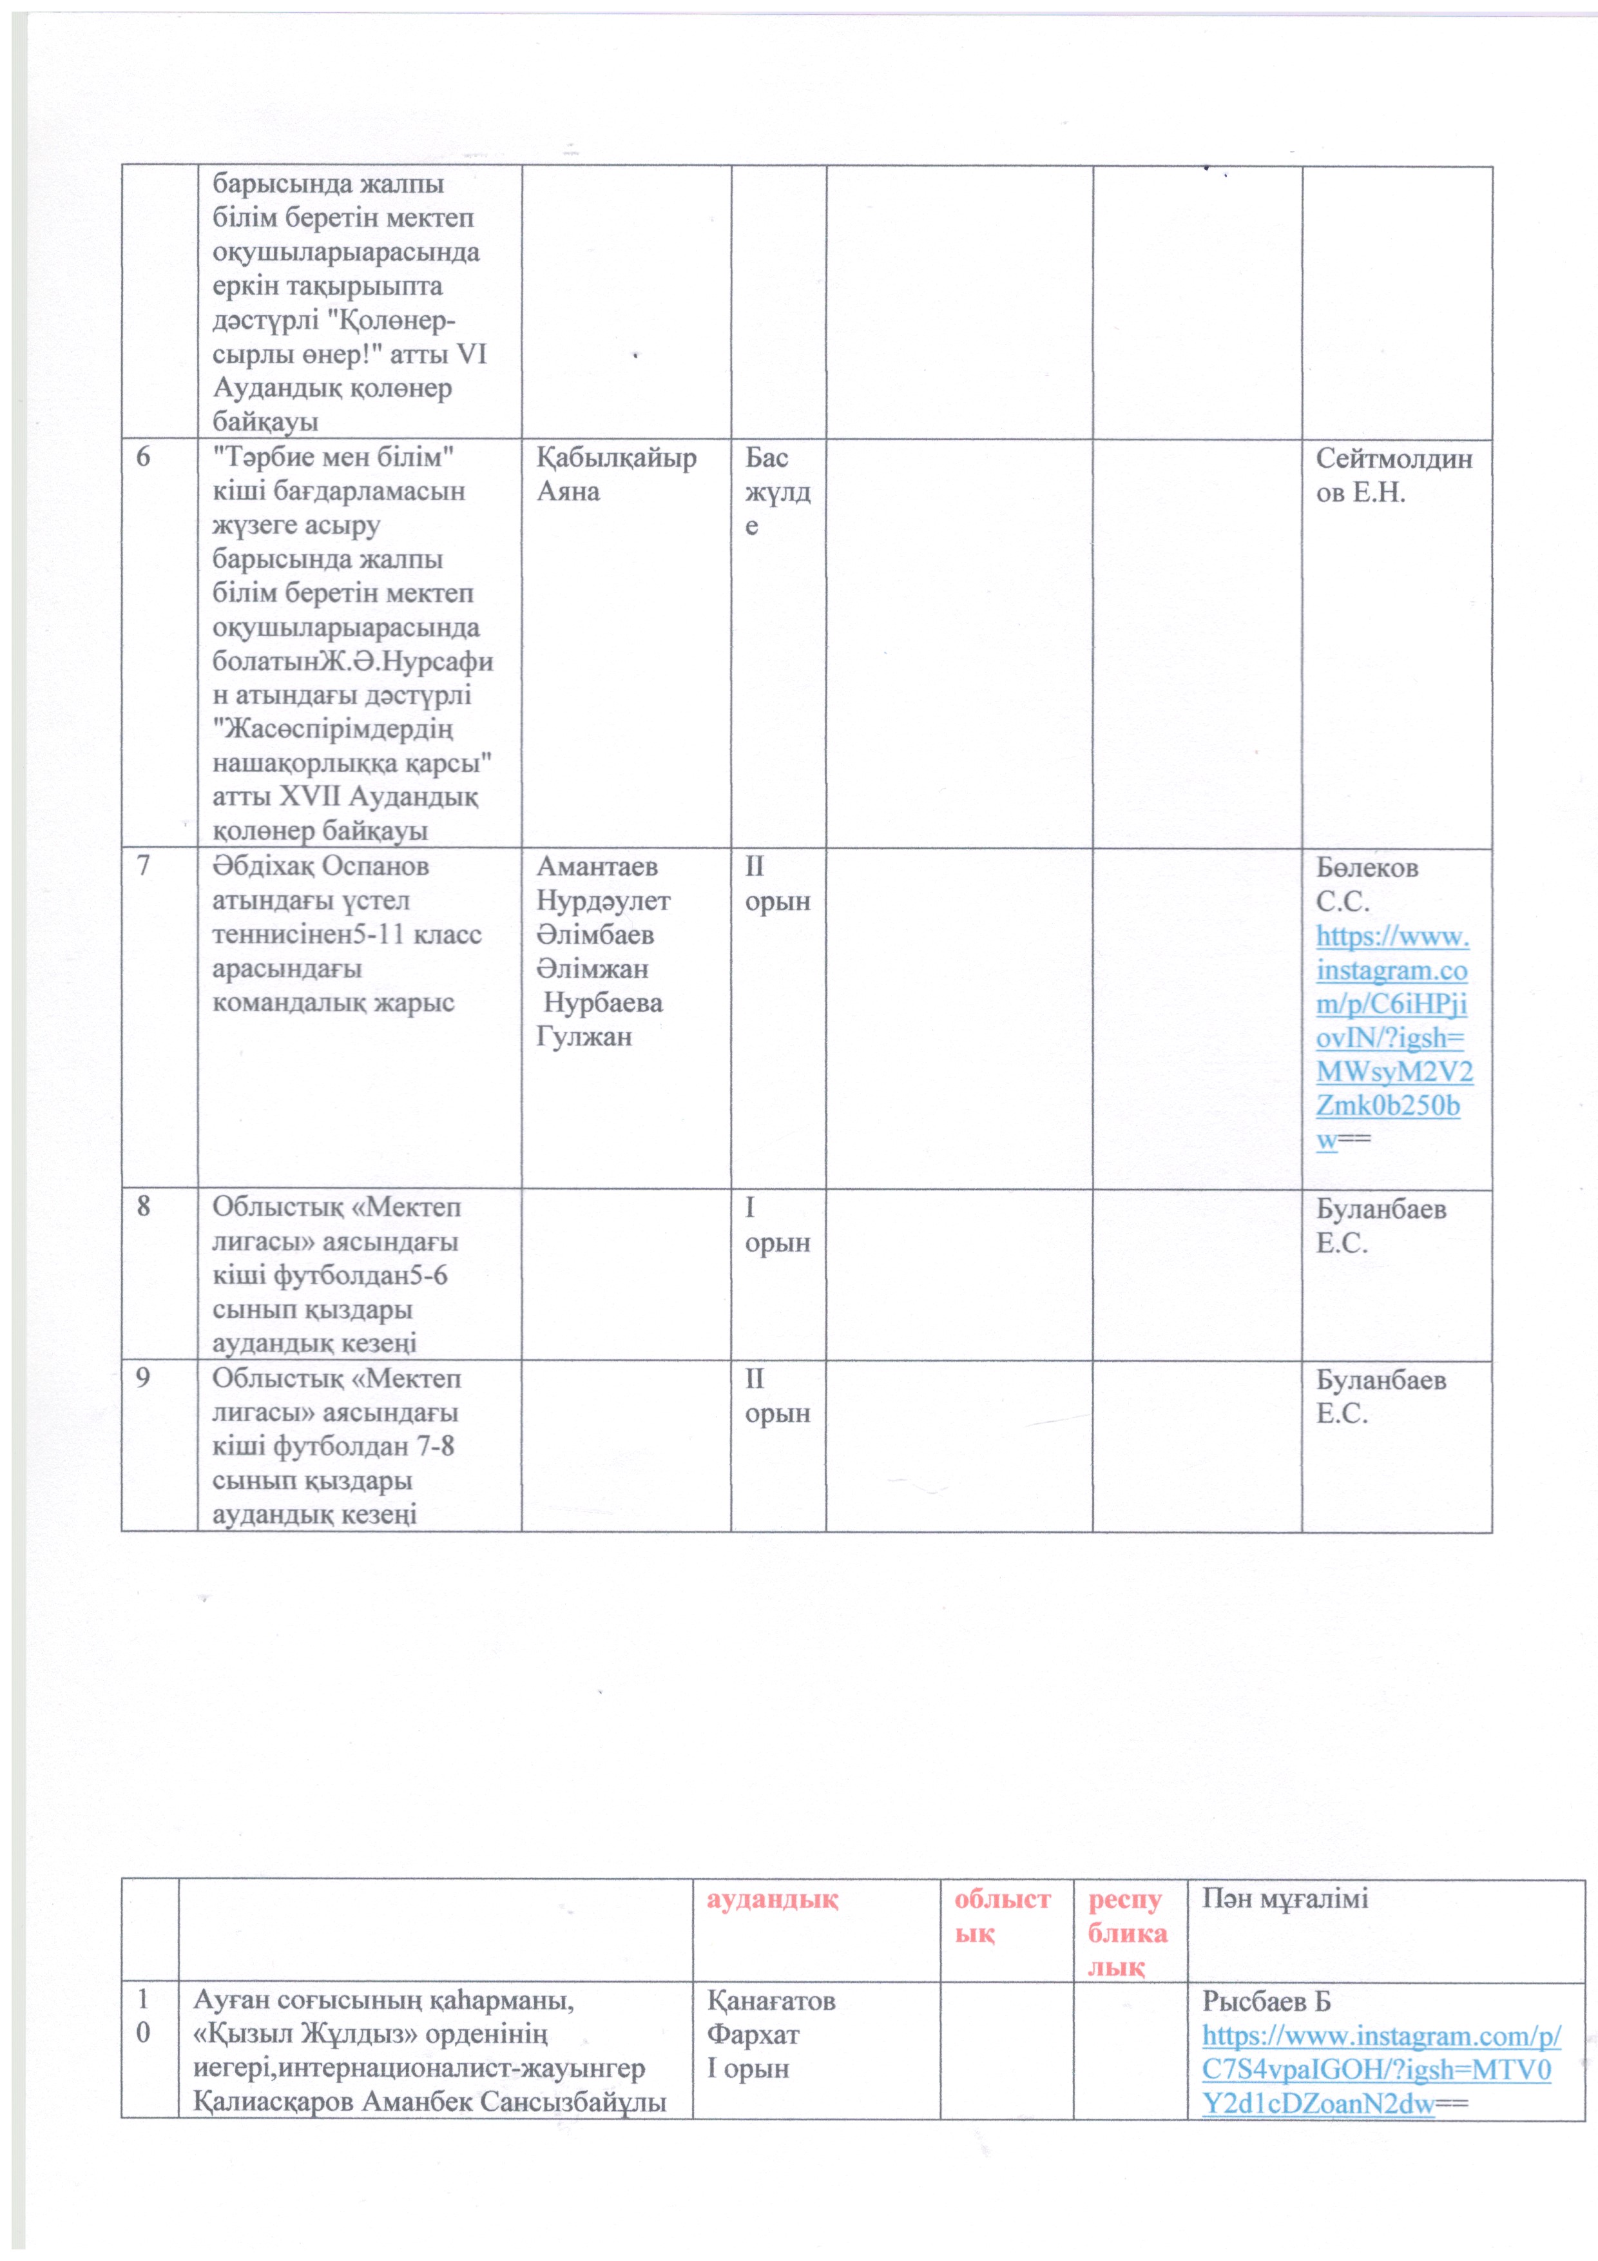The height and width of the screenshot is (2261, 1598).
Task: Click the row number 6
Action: pyautogui.click(x=144, y=458)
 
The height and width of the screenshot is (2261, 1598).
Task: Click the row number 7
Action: pyautogui.click(x=144, y=867)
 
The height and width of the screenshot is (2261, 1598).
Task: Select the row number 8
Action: pyautogui.click(x=144, y=1207)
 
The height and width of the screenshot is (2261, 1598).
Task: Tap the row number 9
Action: pyautogui.click(x=144, y=1377)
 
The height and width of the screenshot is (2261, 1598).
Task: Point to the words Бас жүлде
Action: pyautogui.click(x=777, y=491)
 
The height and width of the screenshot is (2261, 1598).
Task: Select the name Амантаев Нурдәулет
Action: pyautogui.click(x=602, y=884)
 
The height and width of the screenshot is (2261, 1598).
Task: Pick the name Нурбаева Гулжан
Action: pyautogui.click(x=601, y=1019)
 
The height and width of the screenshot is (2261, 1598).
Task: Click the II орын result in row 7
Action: pyautogui.click(x=777, y=884)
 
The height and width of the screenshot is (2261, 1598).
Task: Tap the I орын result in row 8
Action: pyautogui.click(x=777, y=1224)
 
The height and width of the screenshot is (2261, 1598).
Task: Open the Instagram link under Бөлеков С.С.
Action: pyautogui.click(x=1392, y=1038)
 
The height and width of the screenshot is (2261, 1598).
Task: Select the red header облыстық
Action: pyautogui.click(x=1003, y=1916)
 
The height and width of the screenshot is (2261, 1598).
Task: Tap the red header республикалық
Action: pyautogui.click(x=1126, y=1933)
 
